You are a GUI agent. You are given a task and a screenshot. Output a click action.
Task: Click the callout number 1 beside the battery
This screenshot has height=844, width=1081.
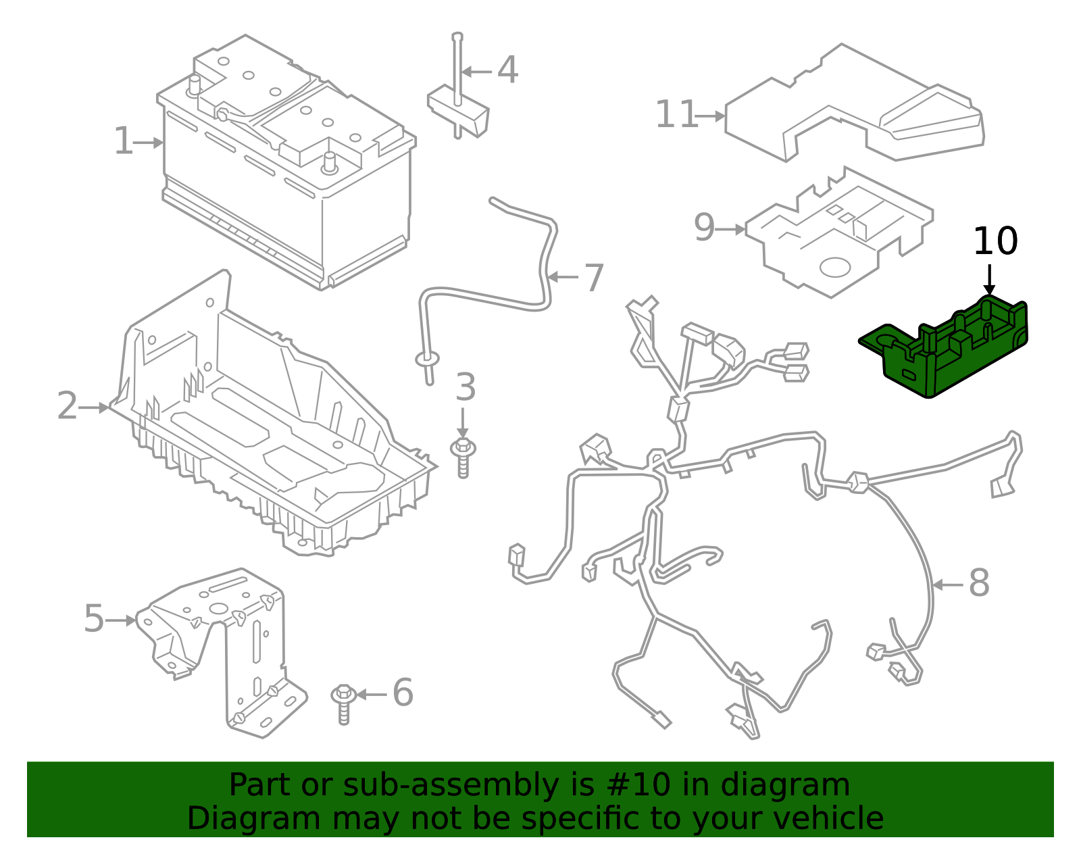[124, 141]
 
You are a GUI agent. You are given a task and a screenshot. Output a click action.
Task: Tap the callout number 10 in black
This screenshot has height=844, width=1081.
[995, 241]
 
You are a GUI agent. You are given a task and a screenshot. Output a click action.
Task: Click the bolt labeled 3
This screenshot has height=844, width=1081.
[463, 457]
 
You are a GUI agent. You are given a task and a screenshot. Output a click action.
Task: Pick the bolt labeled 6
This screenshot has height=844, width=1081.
[344, 703]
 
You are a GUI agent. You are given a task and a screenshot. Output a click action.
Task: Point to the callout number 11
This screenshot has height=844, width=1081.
[676, 114]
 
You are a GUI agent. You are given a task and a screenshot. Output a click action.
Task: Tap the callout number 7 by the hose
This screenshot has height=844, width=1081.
[593, 278]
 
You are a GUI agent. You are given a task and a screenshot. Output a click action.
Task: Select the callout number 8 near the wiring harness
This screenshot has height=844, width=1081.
[979, 583]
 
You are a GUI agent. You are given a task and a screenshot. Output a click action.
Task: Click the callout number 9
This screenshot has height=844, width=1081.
[704, 228]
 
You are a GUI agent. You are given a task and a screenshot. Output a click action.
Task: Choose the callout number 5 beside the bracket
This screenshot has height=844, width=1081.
[94, 618]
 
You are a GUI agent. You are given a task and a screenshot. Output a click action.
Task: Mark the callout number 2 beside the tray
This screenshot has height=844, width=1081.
[67, 406]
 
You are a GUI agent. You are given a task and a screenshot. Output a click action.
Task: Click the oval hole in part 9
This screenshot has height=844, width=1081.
[835, 266]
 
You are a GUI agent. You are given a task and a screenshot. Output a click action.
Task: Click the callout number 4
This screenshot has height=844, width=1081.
[507, 70]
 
